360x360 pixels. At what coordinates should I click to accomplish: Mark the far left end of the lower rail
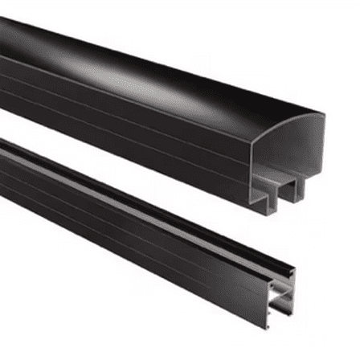(3, 153)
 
